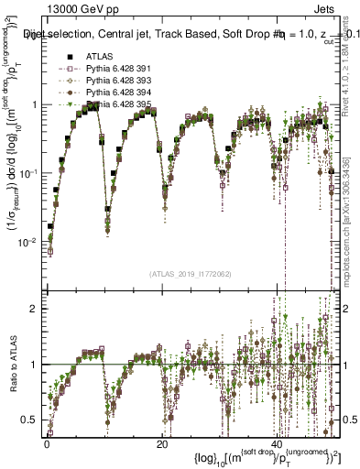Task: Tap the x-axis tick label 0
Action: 47,444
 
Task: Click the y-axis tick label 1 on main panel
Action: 36,104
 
